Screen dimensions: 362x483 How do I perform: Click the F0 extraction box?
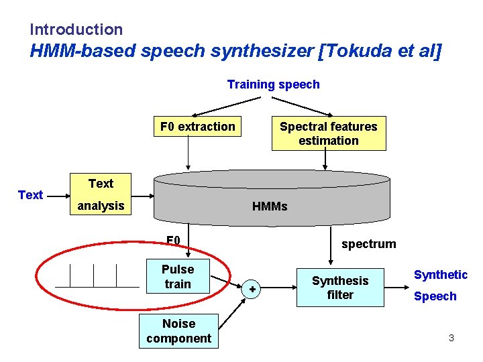[x=197, y=127]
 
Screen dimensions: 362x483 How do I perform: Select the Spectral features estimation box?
[x=328, y=133]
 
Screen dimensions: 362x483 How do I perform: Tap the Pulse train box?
[x=177, y=276]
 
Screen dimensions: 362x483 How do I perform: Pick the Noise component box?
[x=178, y=331]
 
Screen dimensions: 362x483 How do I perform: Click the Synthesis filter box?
[x=340, y=288]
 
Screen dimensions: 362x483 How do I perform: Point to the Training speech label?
[x=273, y=84]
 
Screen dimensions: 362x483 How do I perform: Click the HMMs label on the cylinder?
[x=270, y=206]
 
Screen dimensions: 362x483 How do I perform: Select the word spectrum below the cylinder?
[x=368, y=244]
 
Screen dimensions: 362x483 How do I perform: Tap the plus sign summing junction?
[x=252, y=289]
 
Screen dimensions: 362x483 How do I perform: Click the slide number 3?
[x=451, y=338]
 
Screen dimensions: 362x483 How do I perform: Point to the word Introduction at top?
[x=76, y=29]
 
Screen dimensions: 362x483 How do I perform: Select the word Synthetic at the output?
[x=440, y=275]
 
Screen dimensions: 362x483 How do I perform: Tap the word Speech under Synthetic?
[x=435, y=296]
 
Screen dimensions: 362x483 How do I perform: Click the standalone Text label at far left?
[x=30, y=195]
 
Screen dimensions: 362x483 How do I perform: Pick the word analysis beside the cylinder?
[x=101, y=206]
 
